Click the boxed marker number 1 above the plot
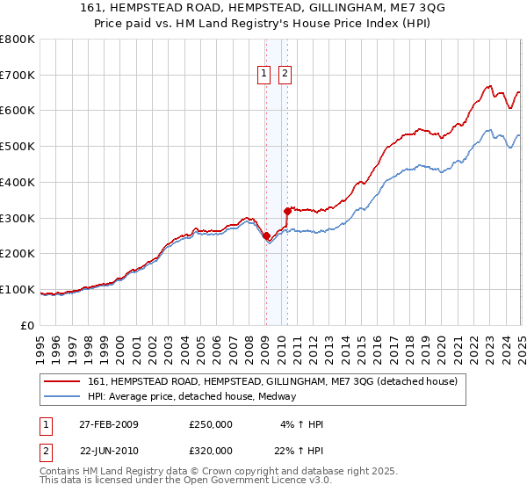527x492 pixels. point(265,75)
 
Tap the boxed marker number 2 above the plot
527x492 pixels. point(285,75)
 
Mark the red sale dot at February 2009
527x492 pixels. point(266,235)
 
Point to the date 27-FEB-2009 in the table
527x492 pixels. point(108,424)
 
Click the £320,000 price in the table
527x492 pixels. point(211,450)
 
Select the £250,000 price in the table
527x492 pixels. point(211,424)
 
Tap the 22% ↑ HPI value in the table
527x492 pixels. point(300,450)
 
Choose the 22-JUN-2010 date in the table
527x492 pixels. point(108,450)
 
